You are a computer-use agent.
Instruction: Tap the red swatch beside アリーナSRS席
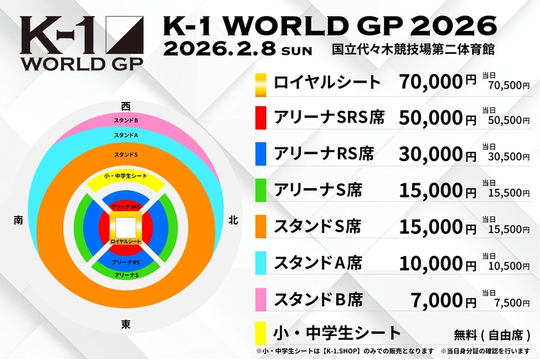tap(261, 117)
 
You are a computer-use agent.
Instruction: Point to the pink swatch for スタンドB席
tap(261, 298)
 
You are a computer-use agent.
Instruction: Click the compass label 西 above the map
tap(125, 105)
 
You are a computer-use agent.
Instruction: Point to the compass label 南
tap(17, 220)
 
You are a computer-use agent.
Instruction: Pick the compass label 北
tap(233, 220)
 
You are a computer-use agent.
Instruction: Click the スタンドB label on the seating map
tap(125, 121)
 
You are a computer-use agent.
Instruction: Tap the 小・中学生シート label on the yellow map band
tap(125, 177)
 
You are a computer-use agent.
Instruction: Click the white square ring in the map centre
tap(125, 227)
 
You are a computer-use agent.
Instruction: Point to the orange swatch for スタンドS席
tap(261, 226)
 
